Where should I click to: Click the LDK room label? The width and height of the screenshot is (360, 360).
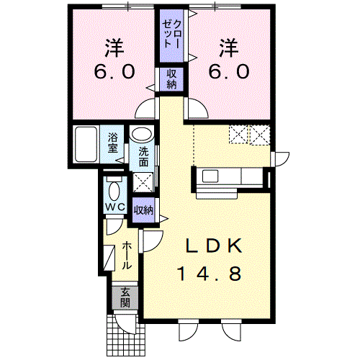[214, 246]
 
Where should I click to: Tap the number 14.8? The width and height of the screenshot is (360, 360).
[209, 274]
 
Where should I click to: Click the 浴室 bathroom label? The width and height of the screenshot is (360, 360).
[112, 143]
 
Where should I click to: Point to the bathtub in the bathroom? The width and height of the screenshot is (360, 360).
[86, 144]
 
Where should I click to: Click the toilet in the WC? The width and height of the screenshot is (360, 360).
[114, 190]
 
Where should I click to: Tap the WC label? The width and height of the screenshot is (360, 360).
[115, 207]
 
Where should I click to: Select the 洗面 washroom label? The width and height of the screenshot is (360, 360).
[143, 157]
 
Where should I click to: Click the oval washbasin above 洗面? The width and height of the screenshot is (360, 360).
[142, 135]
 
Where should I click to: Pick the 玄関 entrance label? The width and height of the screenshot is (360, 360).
[125, 297]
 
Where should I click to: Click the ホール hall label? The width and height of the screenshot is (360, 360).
[127, 256]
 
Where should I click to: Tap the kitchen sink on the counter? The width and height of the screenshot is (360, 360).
[210, 176]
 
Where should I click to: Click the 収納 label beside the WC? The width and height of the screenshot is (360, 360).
[143, 210]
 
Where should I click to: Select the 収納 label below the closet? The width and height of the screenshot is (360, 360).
[171, 79]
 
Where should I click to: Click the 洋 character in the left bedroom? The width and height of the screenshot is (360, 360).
[114, 48]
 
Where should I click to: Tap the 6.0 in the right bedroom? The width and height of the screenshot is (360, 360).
[229, 72]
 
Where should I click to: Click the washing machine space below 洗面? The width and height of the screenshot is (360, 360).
[143, 182]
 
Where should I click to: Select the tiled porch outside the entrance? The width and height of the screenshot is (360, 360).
[125, 335]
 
